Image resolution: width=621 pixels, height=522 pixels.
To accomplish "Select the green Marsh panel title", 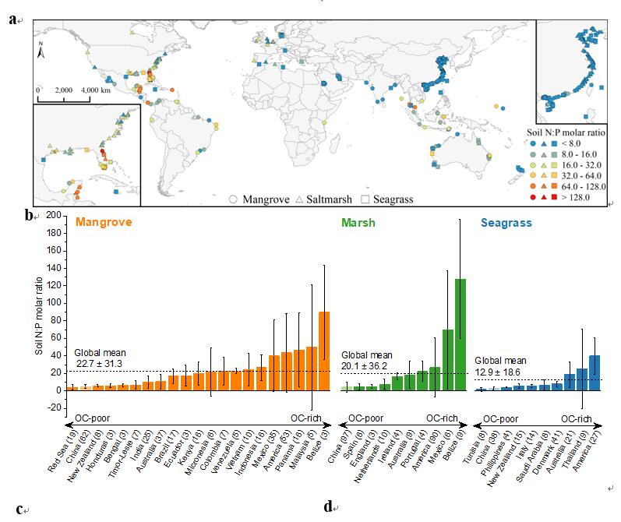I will (x=358, y=224).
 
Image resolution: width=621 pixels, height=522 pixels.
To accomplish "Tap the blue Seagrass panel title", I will (x=506, y=224).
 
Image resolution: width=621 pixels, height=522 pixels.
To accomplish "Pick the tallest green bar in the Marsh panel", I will (x=460, y=334).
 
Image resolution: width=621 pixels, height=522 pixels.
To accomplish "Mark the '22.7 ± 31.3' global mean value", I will (x=97, y=362).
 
